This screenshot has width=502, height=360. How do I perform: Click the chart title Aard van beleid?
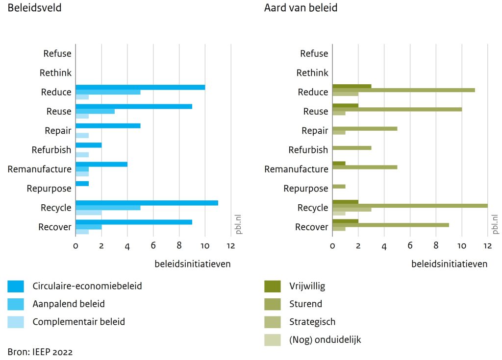click(301, 8)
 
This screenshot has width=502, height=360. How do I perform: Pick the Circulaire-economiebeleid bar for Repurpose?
click(82, 184)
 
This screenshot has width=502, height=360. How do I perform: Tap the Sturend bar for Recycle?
click(410, 205)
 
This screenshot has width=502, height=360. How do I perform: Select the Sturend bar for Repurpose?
click(339, 186)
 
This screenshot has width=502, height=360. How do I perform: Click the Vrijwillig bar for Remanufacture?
click(339, 164)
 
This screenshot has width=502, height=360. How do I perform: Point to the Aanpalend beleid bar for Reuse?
click(95, 111)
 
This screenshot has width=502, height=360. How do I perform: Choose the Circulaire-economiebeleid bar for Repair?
click(108, 126)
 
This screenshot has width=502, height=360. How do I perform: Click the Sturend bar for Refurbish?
click(351, 147)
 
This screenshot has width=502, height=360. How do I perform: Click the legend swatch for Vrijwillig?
click(272, 286)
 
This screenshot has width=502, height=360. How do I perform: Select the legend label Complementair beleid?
click(78, 322)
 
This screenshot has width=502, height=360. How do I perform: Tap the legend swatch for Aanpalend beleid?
click(16, 304)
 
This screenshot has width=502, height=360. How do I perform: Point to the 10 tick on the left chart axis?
click(205, 246)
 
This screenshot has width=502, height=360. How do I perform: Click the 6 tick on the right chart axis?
click(410, 246)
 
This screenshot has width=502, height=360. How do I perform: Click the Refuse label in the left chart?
click(57, 54)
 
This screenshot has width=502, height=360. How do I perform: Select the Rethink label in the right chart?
click(312, 73)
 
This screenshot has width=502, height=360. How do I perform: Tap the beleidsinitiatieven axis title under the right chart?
click(449, 264)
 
